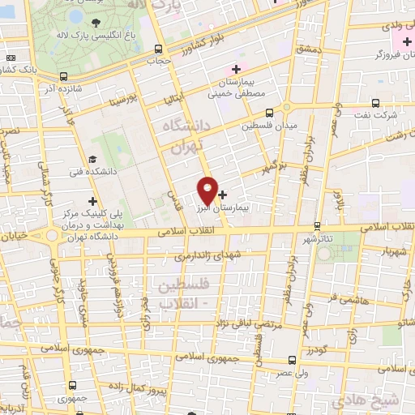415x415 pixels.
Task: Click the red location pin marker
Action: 207,189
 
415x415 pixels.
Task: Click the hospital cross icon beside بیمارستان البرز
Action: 222,195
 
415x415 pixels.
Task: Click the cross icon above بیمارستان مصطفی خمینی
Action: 236,69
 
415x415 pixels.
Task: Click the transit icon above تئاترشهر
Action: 316,225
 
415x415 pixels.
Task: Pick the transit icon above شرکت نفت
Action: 374,103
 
